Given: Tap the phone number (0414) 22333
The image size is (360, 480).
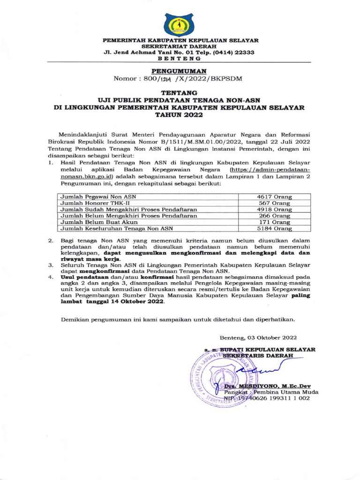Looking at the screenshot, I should (x=233, y=52).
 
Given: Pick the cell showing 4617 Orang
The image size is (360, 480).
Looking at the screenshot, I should (x=274, y=196).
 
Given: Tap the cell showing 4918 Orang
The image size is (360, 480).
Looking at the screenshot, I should (x=274, y=209).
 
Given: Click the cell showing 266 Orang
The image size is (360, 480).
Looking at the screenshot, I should (x=274, y=216).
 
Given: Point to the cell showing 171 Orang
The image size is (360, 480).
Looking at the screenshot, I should (x=274, y=222).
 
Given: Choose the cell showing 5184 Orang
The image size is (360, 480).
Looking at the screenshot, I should (x=274, y=229).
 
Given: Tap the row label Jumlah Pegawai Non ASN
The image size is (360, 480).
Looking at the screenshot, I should (x=97, y=196).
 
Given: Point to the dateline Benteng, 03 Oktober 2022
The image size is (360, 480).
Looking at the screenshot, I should (x=258, y=337).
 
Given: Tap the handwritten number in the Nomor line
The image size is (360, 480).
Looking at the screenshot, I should (x=152, y=78).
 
